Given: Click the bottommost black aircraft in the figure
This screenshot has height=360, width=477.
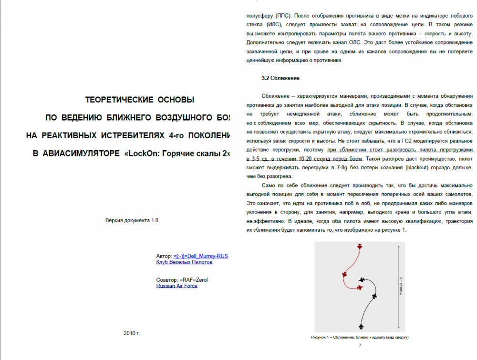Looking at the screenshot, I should [361, 327].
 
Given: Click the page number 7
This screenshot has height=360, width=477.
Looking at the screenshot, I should [359, 345].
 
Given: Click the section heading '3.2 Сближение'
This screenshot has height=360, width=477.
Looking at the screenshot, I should [280, 78].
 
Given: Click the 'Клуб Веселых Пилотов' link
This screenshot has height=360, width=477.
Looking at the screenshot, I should [184, 262].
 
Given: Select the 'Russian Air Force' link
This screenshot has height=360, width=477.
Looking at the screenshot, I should [176, 286].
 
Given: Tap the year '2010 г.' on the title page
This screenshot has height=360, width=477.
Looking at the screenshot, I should [132, 333].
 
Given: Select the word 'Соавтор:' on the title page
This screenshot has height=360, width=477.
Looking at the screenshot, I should [167, 279].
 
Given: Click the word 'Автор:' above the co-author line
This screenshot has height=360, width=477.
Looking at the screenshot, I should [164, 256].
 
